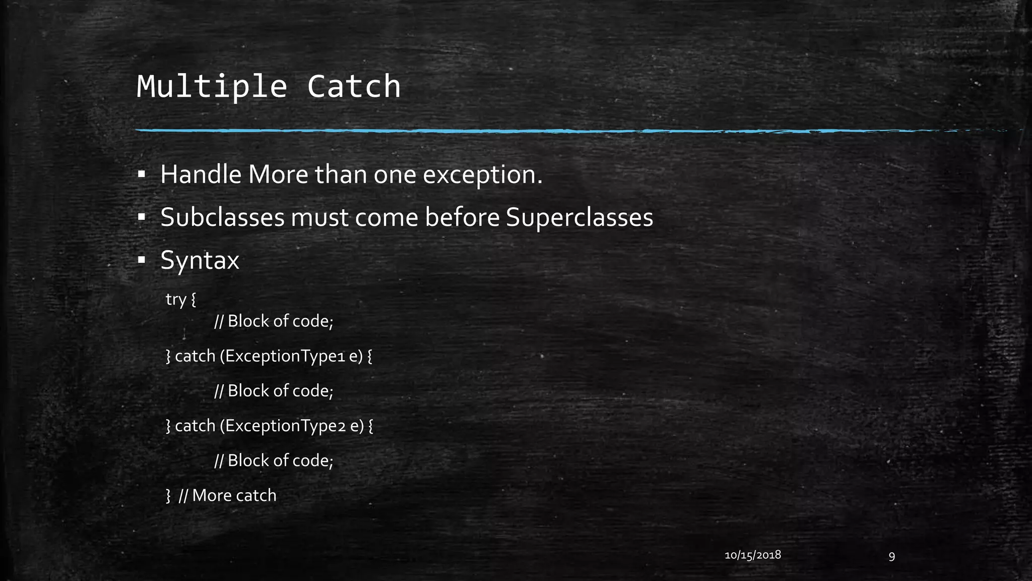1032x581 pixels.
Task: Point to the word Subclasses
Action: click(222, 217)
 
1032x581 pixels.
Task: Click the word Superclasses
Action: click(579, 218)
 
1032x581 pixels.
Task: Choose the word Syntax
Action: click(200, 261)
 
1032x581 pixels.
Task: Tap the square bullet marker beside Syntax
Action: click(142, 261)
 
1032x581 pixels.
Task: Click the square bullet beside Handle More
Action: click(142, 175)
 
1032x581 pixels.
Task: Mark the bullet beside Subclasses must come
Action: click(142, 218)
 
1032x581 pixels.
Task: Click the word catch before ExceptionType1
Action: click(195, 357)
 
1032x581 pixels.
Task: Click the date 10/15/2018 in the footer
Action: click(752, 555)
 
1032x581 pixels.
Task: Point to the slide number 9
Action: click(891, 556)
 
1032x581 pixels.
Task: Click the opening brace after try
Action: click(193, 300)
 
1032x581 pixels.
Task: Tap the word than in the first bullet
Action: click(341, 175)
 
